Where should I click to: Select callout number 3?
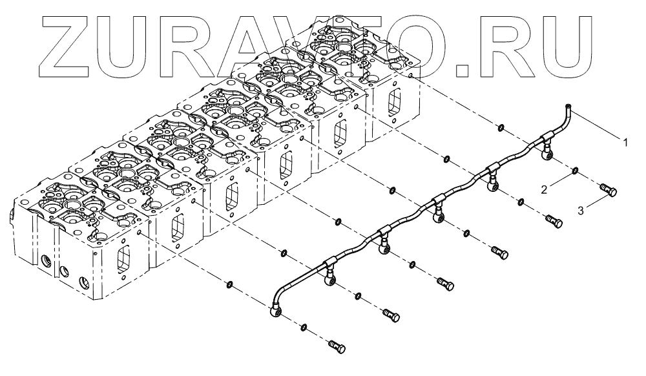pos(580,211)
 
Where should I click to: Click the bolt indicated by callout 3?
pos(608,190)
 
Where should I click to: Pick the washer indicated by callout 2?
pos(574,171)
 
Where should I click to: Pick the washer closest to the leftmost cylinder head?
pos(229,283)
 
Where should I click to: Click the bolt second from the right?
pos(552,220)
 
